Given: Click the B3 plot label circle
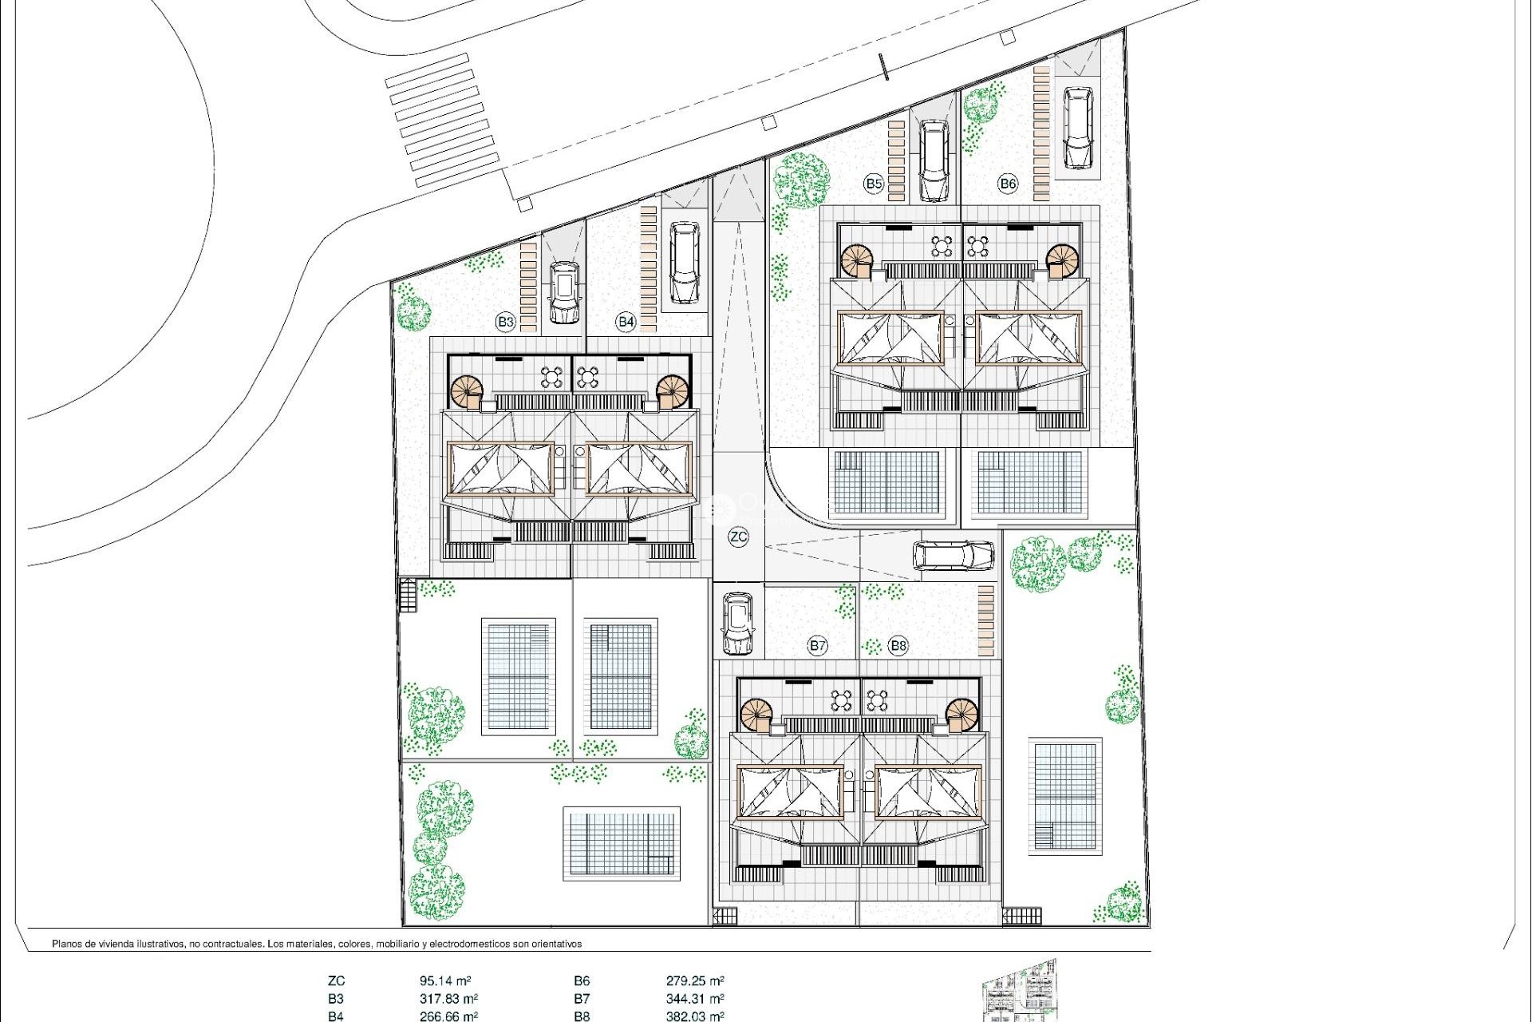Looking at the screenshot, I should point(505,322).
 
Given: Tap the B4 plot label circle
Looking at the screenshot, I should point(626,322).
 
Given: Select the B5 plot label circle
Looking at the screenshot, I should point(874,184).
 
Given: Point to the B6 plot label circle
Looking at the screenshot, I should point(1008,184).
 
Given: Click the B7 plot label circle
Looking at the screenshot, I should point(817,646).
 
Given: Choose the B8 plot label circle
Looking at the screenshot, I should point(898,646).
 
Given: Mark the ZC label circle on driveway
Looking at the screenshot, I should point(739,537).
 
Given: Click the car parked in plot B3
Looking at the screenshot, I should point(564,293).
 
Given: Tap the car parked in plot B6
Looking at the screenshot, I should point(1077,128).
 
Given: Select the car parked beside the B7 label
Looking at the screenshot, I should point(737,624).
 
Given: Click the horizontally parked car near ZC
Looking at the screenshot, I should point(954,555).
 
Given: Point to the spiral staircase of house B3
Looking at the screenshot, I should point(467,392).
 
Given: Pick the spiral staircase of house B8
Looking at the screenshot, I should point(963,715).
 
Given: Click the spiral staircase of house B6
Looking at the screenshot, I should point(1062,259).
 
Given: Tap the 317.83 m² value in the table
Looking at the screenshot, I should point(448,999).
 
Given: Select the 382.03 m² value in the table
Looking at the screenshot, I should point(695,1016).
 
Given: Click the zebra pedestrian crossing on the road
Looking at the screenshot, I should point(441,120).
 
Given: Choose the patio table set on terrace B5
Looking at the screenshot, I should point(942,246).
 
